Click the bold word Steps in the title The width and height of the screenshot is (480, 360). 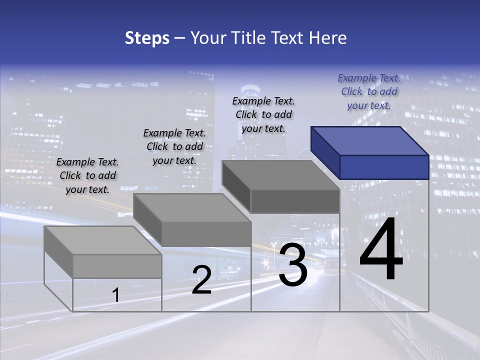pos(147,38)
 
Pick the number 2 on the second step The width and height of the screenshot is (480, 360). pos(201,280)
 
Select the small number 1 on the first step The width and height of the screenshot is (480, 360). pos(116,295)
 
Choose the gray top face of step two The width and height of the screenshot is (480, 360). pos(192,208)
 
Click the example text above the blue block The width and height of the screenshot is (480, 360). pos(369,91)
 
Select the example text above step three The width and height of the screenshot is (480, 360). pos(263,114)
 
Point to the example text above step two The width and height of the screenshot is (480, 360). pos(174,146)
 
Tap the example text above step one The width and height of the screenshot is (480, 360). pos(87,175)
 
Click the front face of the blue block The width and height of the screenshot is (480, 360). pos(384,167)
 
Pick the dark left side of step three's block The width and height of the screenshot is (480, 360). pos(236,185)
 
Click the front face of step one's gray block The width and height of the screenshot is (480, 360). pos(117,266)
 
